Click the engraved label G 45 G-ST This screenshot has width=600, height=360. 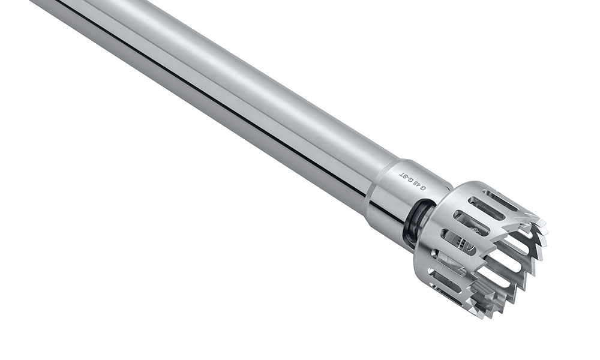point(412,181)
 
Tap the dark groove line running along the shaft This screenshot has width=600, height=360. point(214,104)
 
